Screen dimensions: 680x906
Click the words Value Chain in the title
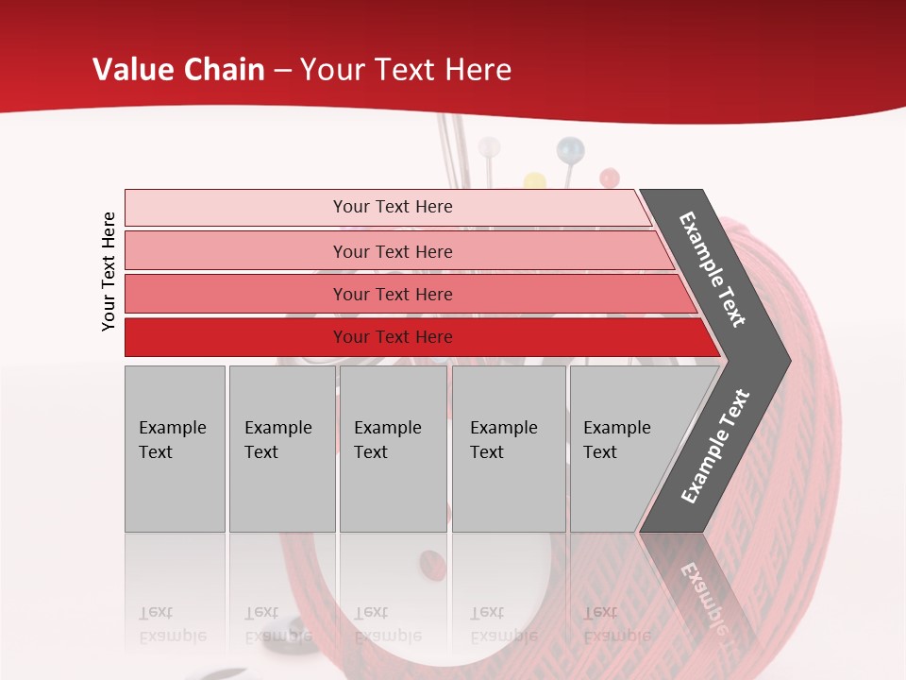coord(178,70)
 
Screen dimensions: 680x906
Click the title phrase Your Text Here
coord(406,70)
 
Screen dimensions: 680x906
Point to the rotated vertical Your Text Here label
coord(109,272)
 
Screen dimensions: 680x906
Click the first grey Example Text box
coord(175,449)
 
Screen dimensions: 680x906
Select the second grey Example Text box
coord(281,449)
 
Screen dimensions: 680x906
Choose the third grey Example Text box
coord(393,449)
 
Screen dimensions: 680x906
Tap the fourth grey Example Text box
coord(509,449)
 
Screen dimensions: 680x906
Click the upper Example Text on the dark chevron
coord(713,269)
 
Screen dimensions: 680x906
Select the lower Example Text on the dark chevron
coord(715,446)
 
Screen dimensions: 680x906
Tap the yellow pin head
coord(535,179)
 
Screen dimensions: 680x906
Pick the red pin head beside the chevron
coord(610,177)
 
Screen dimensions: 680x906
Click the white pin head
coord(489,147)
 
